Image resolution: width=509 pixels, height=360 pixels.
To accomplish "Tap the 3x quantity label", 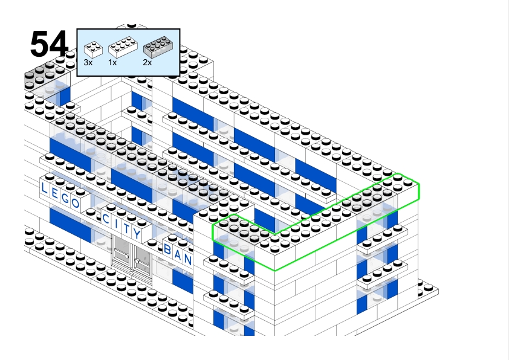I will (88, 62).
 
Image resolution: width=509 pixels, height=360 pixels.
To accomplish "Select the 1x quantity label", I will (112, 62).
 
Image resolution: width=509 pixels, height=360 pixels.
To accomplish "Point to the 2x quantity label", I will (148, 62).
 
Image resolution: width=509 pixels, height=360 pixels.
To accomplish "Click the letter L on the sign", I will (44, 188).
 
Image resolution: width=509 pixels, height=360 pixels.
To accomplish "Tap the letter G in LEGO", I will (65, 198).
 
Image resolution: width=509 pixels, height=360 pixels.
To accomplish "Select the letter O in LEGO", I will (76, 204).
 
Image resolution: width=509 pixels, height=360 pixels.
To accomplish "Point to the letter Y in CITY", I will (137, 233).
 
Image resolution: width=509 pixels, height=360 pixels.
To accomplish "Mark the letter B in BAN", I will (168, 248).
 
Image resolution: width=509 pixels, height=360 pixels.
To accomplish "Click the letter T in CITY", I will (126, 228).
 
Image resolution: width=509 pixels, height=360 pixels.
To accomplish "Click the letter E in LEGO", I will (54, 193).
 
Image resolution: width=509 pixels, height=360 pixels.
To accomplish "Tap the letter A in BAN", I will (178, 254).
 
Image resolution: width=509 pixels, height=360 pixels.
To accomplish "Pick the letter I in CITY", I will (117, 223).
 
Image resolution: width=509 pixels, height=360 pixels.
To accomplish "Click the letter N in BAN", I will (188, 259).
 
